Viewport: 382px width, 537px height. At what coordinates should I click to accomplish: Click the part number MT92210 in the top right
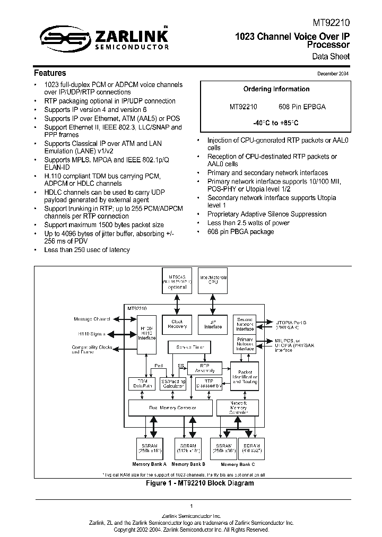pyautogui.click(x=332, y=23)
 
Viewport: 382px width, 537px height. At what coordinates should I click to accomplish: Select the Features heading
pyautogui.click(x=50, y=73)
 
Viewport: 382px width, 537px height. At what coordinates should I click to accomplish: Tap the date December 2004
pyautogui.click(x=333, y=74)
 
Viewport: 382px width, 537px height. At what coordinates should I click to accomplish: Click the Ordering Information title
pyautogui.click(x=276, y=89)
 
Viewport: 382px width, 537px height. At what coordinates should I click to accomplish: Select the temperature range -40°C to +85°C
pyautogui.click(x=276, y=123)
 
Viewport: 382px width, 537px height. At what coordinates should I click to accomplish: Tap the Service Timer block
pyautogui.click(x=189, y=348)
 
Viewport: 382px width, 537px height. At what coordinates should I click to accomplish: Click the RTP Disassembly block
pyautogui.click(x=209, y=384)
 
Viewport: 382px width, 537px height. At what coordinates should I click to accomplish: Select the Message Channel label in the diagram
pyautogui.click(x=92, y=319)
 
